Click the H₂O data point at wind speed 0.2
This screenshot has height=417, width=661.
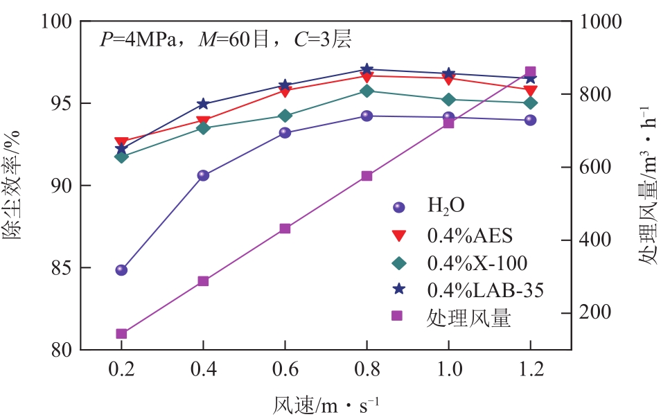click(121, 270)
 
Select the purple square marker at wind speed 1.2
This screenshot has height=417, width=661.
click(530, 72)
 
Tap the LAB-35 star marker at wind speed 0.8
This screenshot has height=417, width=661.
click(367, 69)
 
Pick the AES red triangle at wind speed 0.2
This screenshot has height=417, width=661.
click(121, 142)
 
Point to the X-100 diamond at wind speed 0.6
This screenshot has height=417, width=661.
click(285, 116)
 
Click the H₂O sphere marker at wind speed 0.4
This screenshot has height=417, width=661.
click(203, 175)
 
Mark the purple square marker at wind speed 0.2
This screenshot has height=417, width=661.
click(121, 334)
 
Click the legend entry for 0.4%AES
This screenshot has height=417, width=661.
click(470, 236)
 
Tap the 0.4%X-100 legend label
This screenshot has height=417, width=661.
click(477, 263)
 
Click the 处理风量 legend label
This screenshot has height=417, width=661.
click(469, 318)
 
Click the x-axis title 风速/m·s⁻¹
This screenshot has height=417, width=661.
click(326, 402)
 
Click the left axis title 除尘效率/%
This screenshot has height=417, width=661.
click(15, 186)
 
